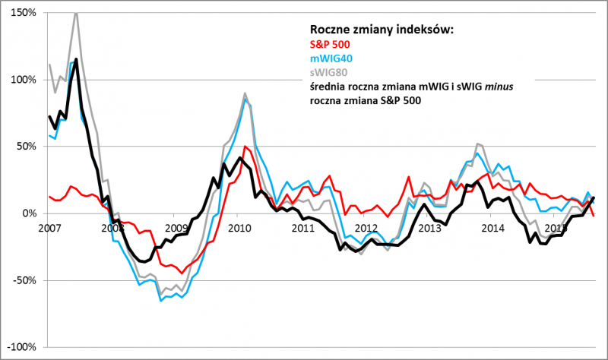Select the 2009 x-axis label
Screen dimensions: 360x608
[176, 227]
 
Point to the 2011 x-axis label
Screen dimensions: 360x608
[302, 227]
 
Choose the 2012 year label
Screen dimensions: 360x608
[366, 227]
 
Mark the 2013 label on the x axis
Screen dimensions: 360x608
[429, 227]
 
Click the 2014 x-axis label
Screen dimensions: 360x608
[492, 227]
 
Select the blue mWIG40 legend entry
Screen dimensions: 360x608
[333, 58]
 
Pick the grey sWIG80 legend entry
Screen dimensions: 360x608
[331, 73]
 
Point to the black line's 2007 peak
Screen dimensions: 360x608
[77, 59]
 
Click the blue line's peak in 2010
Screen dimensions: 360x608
[245, 99]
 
